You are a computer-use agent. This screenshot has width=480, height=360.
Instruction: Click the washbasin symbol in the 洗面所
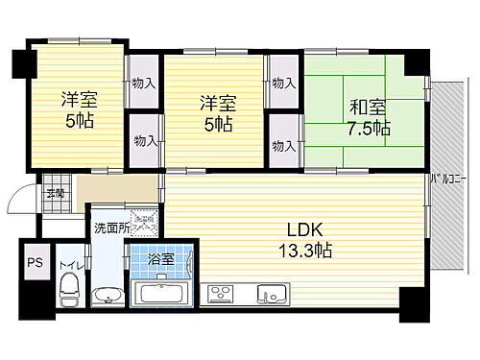[x=108, y=294]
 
